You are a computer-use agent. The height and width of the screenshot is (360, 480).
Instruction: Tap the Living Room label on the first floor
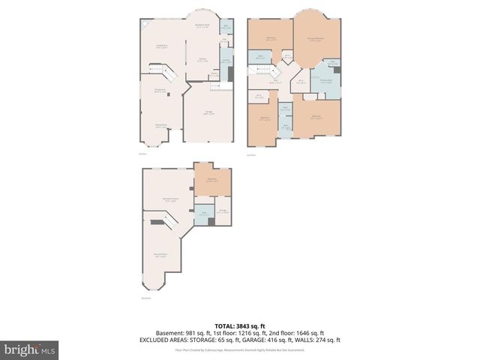tap(161, 46)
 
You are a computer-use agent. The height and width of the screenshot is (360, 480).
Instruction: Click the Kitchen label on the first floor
tap(202, 59)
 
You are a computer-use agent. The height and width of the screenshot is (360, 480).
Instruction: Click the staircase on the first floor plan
tap(164, 74)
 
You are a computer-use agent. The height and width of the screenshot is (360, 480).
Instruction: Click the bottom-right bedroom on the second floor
tap(316, 117)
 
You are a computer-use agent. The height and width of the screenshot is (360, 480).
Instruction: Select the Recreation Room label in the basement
tap(171, 199)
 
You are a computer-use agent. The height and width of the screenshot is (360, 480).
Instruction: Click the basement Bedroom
tap(212, 180)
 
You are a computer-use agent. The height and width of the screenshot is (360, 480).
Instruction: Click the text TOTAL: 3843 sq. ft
tap(240, 325)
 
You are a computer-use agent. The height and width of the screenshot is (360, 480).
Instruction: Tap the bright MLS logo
tap(30, 349)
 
